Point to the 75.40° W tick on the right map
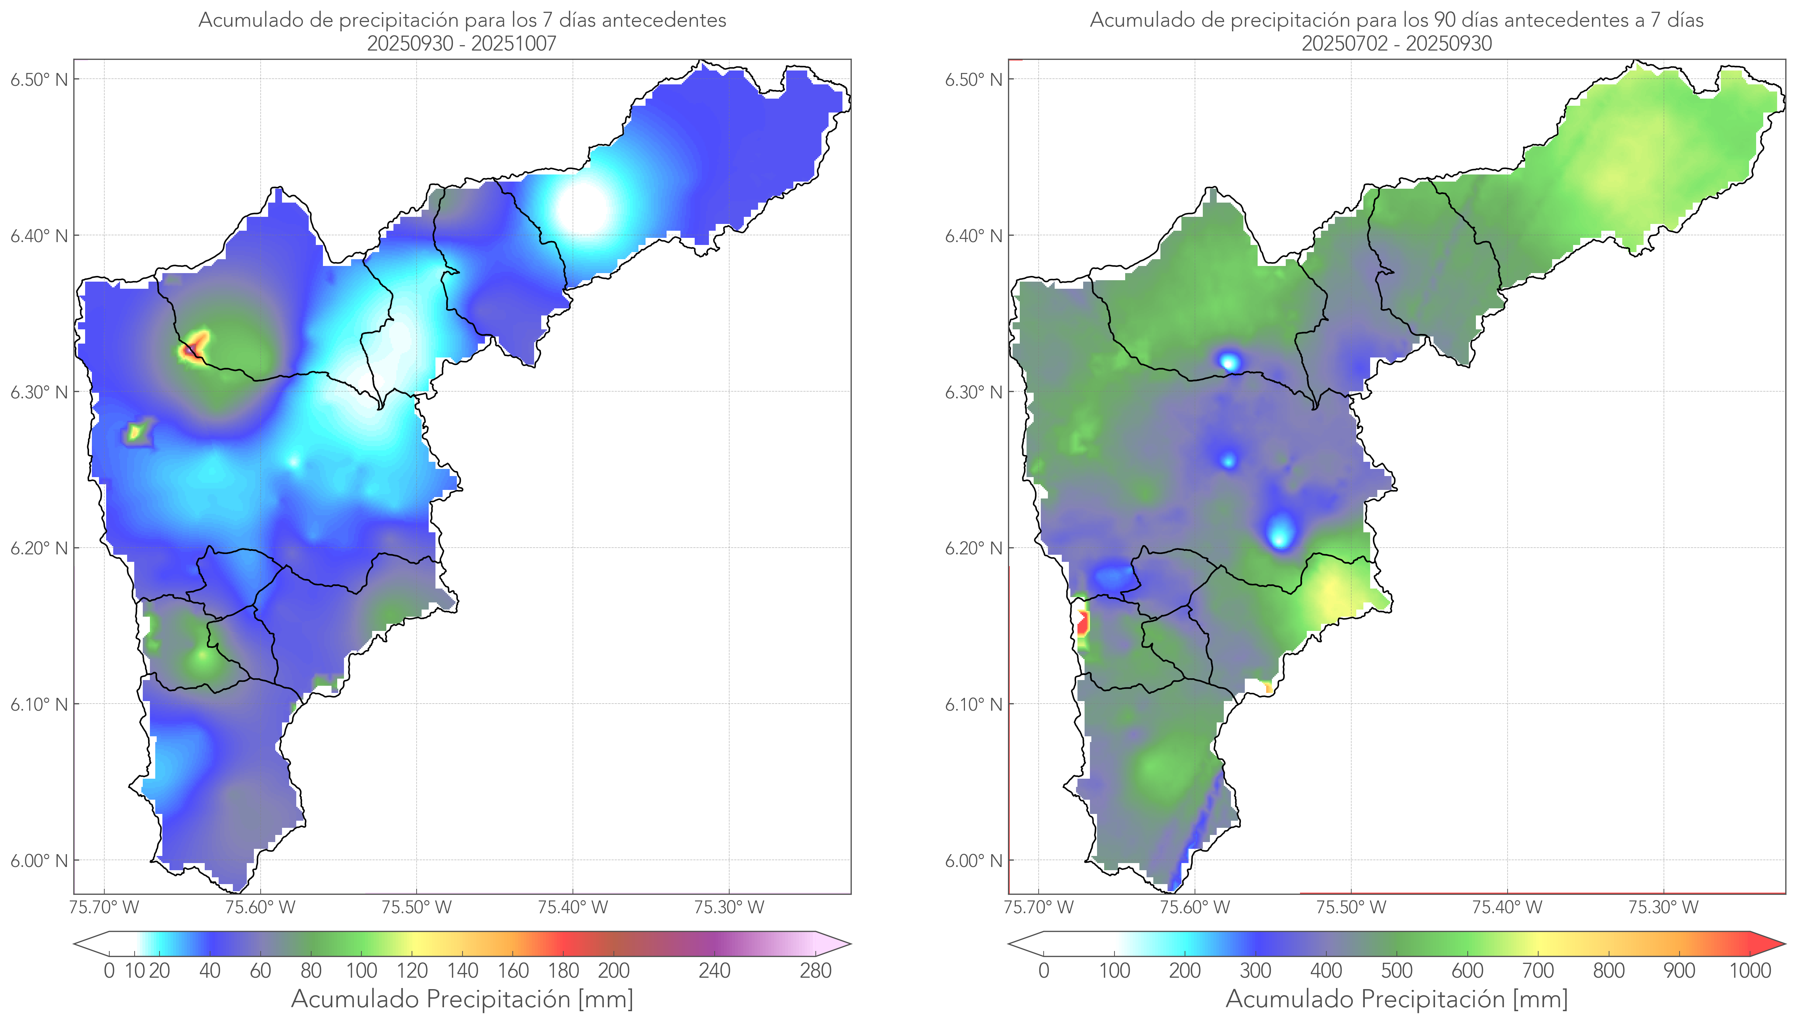tap(1507, 907)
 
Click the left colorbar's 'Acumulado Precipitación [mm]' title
tap(462, 999)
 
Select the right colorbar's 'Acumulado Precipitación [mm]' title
tap(1396, 999)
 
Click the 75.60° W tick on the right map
tap(1195, 907)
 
